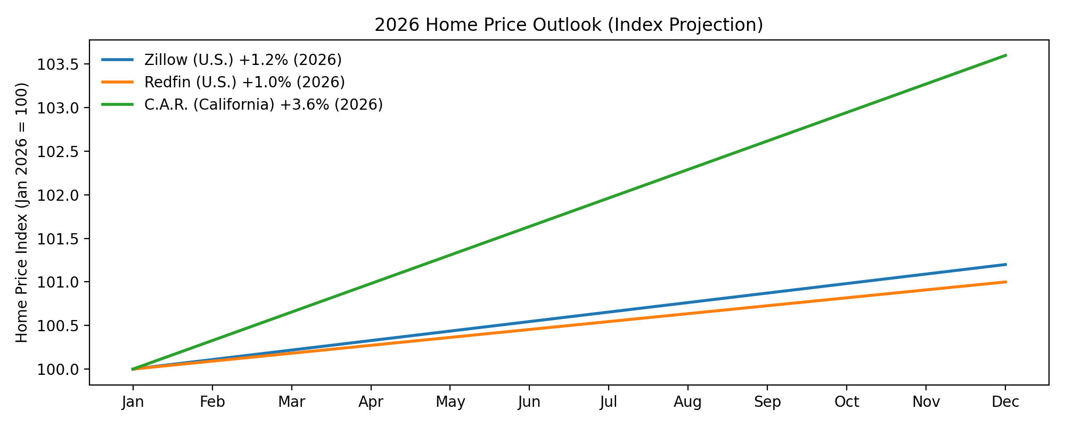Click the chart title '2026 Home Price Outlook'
pos(569,25)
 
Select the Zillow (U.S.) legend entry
pos(242,60)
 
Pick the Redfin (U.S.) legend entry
pos(244,82)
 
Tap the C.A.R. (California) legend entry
pos(263,104)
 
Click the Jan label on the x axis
pos(133,402)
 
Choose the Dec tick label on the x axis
pos(1005,402)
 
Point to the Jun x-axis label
pos(529,402)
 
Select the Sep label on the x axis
pos(767,402)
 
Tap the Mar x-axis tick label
pos(291,402)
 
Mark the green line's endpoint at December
pos(1005,55)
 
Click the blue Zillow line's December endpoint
pos(1005,265)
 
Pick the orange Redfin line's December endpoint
pos(1005,282)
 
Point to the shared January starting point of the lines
pos(133,369)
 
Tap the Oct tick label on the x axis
pos(847,402)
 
